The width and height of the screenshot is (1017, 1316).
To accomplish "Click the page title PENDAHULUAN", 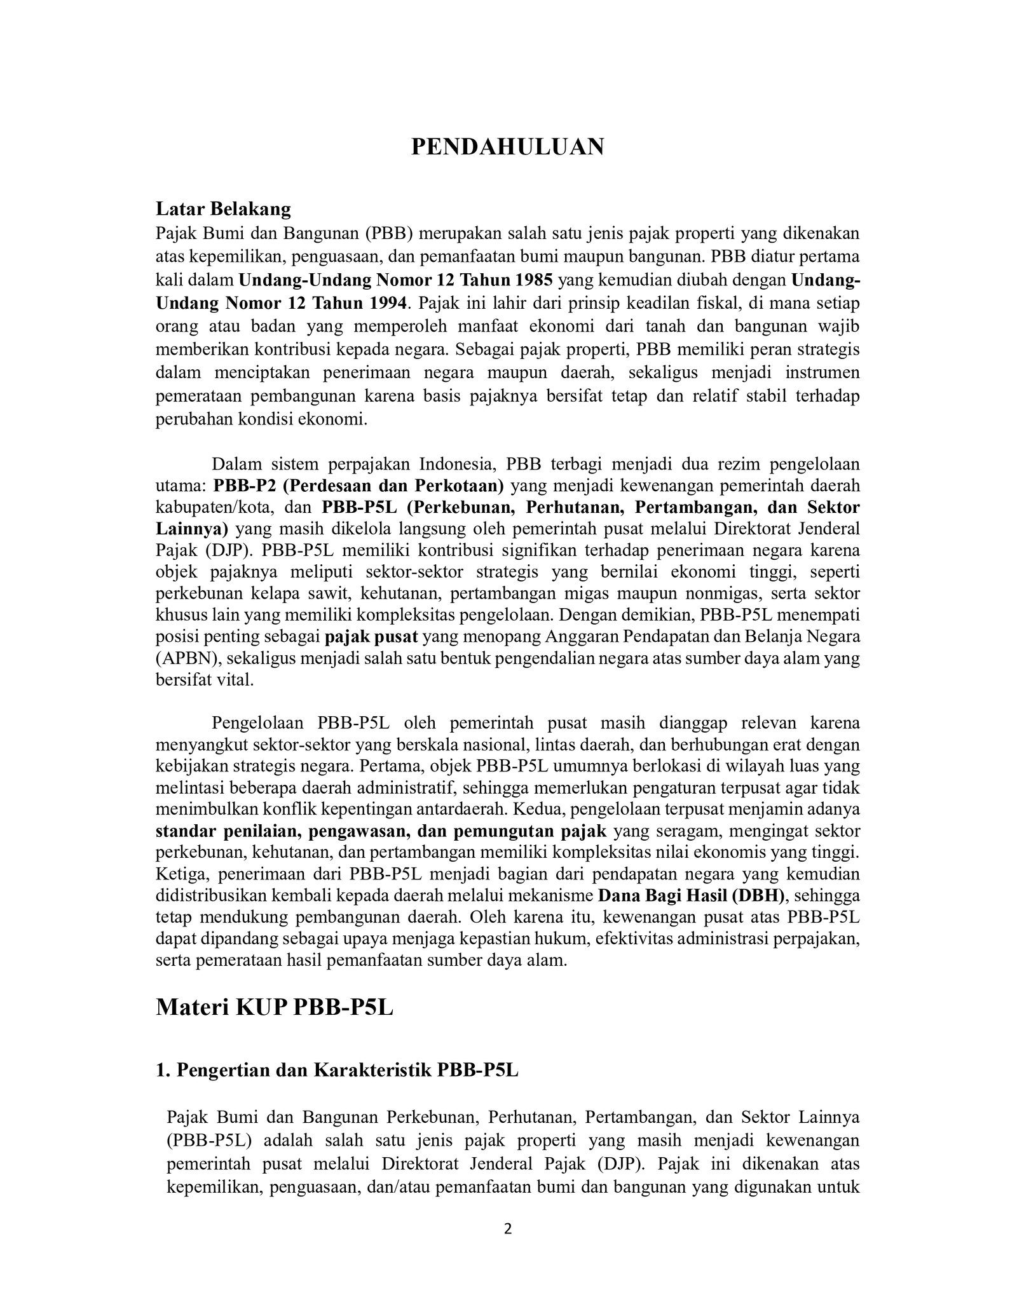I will pyautogui.click(x=507, y=147).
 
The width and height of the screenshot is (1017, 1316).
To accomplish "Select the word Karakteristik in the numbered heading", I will pyautogui.click(x=371, y=1071).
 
